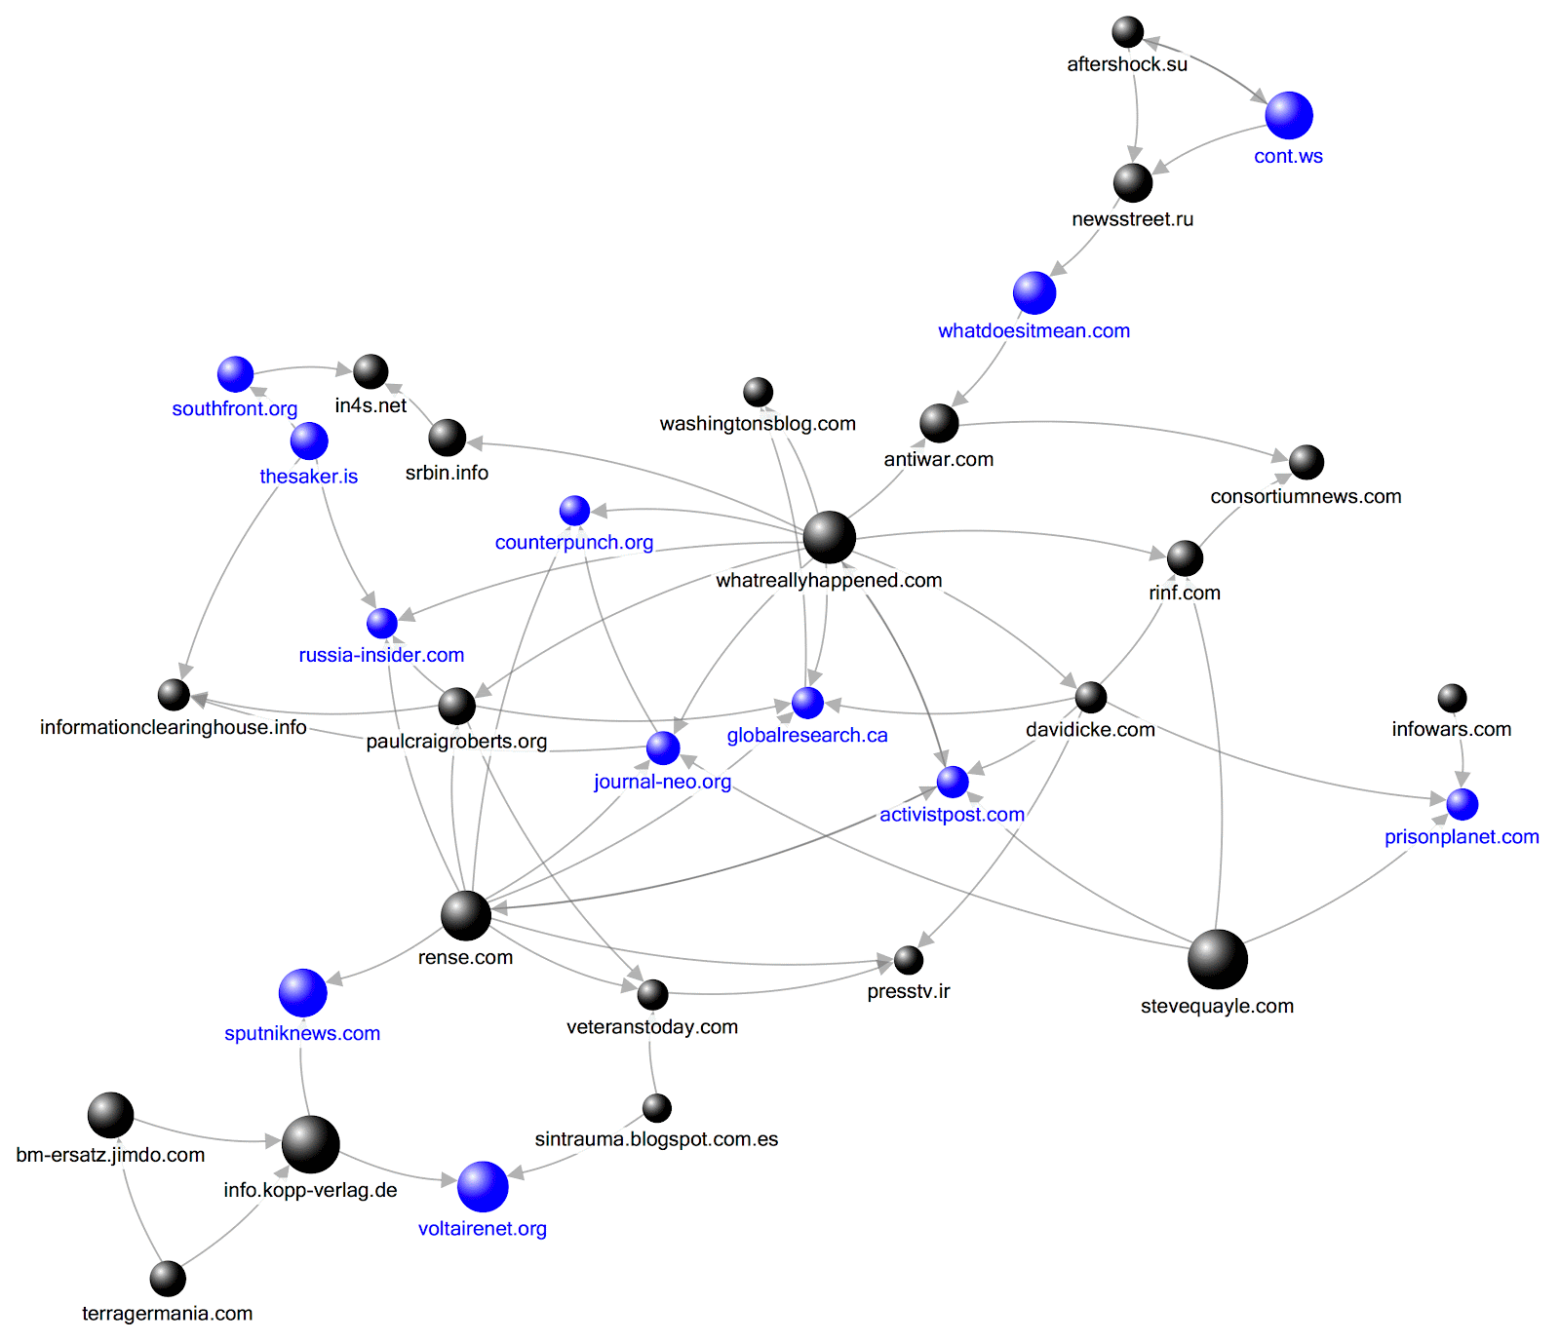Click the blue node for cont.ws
1289,115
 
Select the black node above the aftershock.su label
1128,32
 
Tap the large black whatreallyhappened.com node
830,537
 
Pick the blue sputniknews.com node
303,993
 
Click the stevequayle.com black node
1218,959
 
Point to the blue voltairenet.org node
483,1186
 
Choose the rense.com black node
466,915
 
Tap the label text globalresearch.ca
807,735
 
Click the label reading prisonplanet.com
1462,836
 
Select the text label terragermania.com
168,1313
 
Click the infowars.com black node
1452,698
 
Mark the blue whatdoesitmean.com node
1034,292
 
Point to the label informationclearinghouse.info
174,727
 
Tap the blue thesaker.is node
309,441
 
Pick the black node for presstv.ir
909,960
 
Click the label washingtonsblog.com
758,424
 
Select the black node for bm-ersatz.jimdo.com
110,1115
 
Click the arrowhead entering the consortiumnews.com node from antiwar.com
1280,456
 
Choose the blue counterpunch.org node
574,511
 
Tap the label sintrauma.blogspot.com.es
656,1139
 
